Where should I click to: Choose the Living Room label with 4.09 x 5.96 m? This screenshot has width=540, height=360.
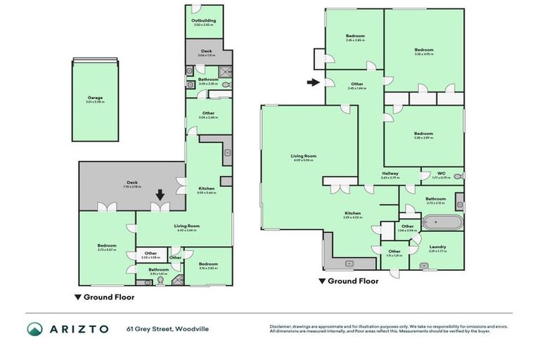[304, 157]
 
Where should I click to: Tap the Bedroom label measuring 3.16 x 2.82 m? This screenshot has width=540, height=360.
[208, 265]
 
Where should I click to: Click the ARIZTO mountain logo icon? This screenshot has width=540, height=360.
[35, 329]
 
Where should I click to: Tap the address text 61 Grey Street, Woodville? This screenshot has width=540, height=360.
[167, 329]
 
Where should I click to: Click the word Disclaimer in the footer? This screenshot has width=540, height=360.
[282, 326]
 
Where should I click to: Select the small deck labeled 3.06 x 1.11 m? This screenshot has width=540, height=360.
[207, 52]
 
